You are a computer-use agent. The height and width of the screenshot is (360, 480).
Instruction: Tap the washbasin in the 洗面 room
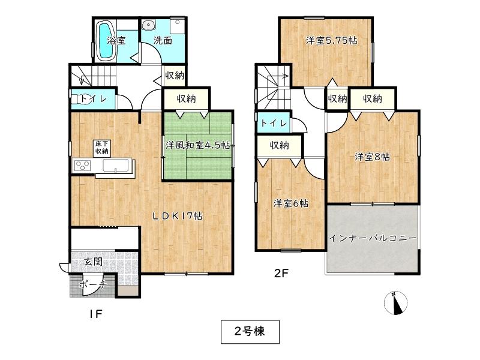[149, 25]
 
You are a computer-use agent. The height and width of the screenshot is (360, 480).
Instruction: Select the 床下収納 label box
[101, 148]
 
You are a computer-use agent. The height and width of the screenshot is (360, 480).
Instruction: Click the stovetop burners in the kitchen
[82, 166]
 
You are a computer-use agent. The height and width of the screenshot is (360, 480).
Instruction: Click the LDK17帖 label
[177, 216]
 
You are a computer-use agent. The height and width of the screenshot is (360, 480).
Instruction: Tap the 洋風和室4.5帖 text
[198, 145]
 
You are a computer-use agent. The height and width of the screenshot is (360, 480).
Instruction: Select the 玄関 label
[94, 262]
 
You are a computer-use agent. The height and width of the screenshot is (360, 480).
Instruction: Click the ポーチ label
[93, 284]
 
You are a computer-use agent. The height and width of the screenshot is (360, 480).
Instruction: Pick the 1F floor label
[95, 314]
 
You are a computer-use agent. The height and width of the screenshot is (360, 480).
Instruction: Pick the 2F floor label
[281, 273]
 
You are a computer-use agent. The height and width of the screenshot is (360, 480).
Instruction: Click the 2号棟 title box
[250, 332]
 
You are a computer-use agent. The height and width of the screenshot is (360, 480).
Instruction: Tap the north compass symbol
[396, 303]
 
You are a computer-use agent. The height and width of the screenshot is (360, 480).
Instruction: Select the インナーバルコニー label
[373, 238]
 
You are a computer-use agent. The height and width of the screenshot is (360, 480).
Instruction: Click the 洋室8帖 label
[372, 157]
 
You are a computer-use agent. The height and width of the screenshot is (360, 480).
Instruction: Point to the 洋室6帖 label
[291, 203]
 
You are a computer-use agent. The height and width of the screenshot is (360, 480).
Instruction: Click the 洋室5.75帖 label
[331, 40]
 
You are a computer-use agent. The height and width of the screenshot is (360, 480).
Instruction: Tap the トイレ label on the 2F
[274, 123]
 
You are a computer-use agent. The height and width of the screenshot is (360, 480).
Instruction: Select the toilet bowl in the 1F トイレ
[79, 99]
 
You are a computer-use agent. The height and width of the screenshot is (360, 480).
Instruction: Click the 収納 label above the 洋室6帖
[280, 145]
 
